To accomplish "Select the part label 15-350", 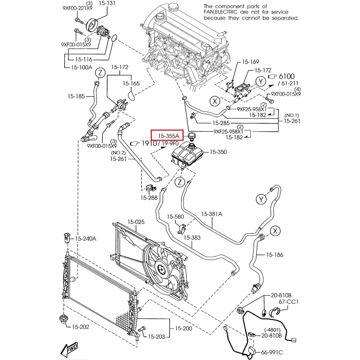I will (218, 152).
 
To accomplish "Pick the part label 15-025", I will (136, 222).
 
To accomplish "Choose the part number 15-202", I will (81, 327).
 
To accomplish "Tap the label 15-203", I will (156, 336).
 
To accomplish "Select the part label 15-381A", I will (212, 213).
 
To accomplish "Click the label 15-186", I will (274, 255).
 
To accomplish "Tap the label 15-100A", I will (81, 68).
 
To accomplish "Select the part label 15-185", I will (76, 97).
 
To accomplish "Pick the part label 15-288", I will (149, 198).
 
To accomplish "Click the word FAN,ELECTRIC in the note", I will (222, 13).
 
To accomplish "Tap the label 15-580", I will (176, 217).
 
